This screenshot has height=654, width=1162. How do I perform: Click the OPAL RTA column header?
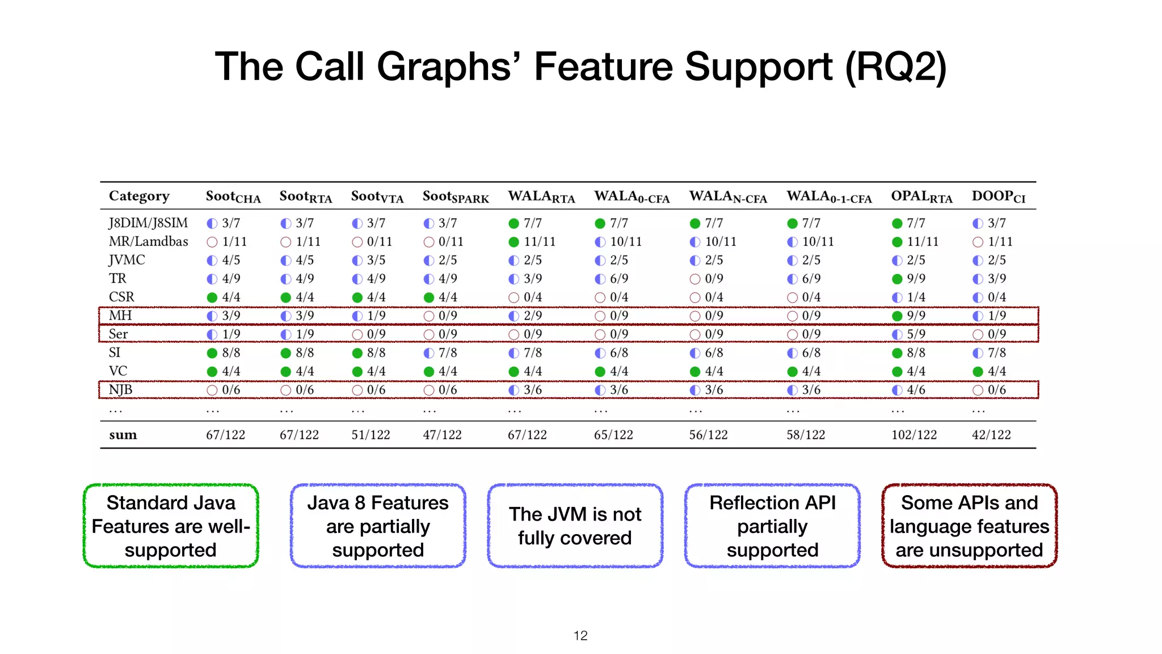tap(921, 196)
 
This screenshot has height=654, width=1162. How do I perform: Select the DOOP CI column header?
tap(998, 196)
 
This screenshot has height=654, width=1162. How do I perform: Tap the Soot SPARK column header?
tap(456, 197)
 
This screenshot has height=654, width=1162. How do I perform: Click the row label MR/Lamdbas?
tap(148, 241)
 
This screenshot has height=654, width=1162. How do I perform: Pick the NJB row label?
tap(120, 389)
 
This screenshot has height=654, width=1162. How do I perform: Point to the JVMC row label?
tap(127, 260)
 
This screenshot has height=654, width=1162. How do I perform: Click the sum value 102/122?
tap(914, 435)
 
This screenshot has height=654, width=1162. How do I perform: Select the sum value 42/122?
tap(991, 435)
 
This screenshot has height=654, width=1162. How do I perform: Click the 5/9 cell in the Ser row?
tap(916, 334)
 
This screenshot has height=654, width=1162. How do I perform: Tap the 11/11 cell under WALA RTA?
tap(539, 242)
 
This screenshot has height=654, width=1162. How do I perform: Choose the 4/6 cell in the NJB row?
tap(916, 390)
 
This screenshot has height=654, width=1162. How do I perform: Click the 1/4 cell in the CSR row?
tap(916, 297)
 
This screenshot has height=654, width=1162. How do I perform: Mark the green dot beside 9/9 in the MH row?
tap(897, 316)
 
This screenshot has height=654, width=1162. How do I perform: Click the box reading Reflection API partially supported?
tap(772, 526)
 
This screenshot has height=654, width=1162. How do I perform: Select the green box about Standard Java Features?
tap(171, 526)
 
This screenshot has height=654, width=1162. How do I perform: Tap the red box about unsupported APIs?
tap(969, 526)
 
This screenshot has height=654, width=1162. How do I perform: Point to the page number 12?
tap(580, 636)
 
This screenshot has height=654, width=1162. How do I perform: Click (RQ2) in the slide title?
tap(895, 67)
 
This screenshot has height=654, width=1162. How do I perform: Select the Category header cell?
tap(139, 196)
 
